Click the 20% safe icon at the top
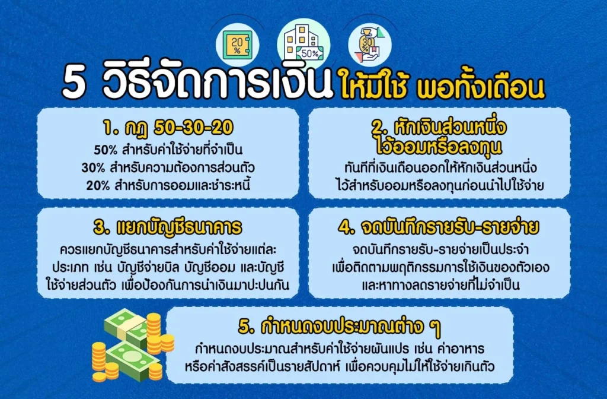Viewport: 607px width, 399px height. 237,45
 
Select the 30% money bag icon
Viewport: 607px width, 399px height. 370,45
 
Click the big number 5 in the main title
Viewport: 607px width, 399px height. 74,84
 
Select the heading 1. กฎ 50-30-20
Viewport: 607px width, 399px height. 168,128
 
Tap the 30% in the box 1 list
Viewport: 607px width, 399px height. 93,167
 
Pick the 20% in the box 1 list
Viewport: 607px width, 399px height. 98,185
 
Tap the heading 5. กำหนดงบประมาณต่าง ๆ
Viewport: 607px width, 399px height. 340,327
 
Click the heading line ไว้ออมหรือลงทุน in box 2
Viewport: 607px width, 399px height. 439,147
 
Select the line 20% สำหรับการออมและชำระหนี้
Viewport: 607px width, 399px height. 168,185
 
